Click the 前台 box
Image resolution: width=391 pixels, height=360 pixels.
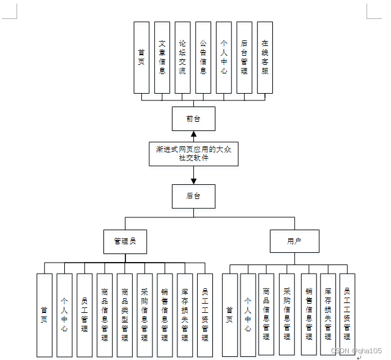[x=193, y=118]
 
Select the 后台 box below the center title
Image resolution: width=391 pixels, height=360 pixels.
[x=193, y=196]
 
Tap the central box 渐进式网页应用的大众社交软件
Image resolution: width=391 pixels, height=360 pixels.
[x=193, y=154]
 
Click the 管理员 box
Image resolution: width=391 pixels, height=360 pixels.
[x=125, y=241]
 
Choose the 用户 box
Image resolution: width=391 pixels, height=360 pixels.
[x=294, y=241]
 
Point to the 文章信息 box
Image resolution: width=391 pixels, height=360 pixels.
[x=162, y=58]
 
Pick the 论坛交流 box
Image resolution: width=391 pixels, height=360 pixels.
[x=182, y=58]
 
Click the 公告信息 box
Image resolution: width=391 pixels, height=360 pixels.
[x=203, y=58]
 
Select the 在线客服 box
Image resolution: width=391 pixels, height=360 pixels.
[x=264, y=58]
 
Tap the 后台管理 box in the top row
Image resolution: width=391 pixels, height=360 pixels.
[x=244, y=58]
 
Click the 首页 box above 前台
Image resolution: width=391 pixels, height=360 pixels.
[x=141, y=58]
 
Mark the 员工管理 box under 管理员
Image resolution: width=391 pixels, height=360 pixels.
[x=84, y=315]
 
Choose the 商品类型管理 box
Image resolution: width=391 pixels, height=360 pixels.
[x=125, y=315]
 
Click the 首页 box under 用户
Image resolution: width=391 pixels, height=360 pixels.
[x=229, y=315]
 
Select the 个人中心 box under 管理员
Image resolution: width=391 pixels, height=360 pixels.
[x=64, y=315]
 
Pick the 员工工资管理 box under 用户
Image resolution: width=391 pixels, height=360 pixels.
[x=347, y=315]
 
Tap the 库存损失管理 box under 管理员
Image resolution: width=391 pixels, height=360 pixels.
[x=185, y=315]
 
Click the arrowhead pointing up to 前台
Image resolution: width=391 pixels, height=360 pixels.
[x=193, y=135]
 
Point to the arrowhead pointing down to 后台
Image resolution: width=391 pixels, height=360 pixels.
[x=193, y=180]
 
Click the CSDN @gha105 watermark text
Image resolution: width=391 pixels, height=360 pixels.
[x=356, y=350]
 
